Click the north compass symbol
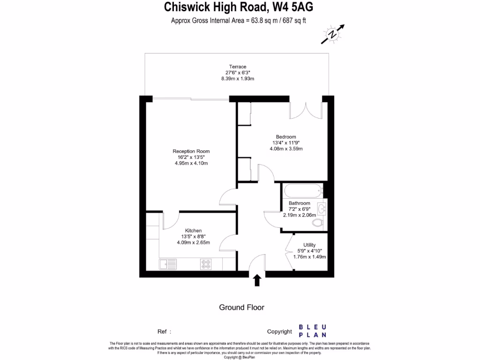(333, 34)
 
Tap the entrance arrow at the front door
(257, 280)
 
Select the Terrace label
(238, 67)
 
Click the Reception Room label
(191, 151)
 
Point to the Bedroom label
(286, 137)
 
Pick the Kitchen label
(193, 231)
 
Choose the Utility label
(309, 245)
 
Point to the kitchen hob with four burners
(206, 264)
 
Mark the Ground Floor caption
(241, 307)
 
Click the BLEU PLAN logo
(314, 331)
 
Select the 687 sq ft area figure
(293, 21)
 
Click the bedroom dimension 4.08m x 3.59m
(286, 149)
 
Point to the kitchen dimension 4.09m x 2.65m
(193, 243)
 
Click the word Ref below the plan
(162, 331)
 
